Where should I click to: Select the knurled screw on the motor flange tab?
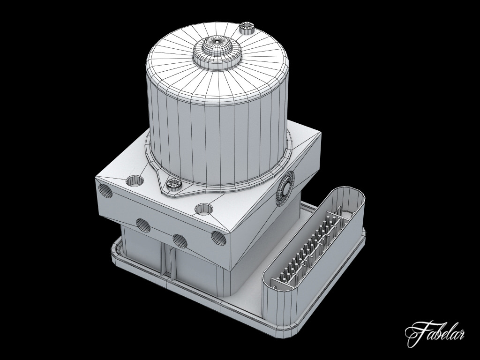[173, 185]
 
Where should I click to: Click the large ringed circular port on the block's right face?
[285, 188]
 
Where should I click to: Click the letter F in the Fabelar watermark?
[415, 333]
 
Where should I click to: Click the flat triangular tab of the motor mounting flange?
[183, 190]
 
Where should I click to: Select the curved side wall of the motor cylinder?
[216, 141]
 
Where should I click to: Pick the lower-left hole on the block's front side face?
[143, 225]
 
